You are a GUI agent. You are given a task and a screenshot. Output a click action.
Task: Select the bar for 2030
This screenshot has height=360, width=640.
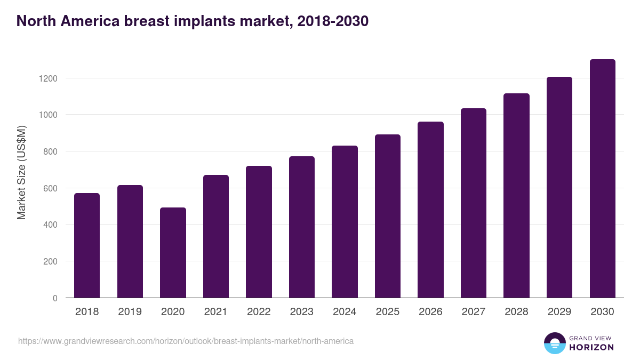tap(602, 178)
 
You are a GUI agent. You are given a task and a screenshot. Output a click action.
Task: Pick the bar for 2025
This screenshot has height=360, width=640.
tap(388, 216)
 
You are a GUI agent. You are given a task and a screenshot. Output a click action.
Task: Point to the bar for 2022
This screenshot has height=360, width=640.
tap(259, 231)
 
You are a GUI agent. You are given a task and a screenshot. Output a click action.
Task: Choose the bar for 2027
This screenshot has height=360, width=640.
tap(474, 203)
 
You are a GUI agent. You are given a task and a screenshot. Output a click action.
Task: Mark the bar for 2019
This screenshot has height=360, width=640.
tap(130, 241)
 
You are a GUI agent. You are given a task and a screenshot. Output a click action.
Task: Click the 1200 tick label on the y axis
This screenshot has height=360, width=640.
tap(47, 78)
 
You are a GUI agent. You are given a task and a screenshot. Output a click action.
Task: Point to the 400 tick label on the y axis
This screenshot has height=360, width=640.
tap(50, 225)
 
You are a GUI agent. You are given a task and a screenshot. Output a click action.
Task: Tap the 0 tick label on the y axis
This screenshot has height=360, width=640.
tap(55, 298)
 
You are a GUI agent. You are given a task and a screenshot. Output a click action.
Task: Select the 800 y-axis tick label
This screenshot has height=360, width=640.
tap(50, 151)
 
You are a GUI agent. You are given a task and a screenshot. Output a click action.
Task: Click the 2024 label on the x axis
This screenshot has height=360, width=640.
tap(345, 312)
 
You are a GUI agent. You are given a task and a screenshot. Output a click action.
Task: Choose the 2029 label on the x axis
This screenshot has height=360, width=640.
tap(559, 312)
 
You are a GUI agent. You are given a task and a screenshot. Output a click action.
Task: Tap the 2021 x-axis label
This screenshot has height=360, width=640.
tap(216, 312)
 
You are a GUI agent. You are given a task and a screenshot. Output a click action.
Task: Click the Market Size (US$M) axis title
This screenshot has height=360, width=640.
tap(21, 172)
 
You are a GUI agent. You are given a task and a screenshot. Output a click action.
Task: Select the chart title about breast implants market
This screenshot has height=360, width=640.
tap(193, 21)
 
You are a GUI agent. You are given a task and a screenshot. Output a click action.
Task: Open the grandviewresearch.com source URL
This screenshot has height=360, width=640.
tap(186, 341)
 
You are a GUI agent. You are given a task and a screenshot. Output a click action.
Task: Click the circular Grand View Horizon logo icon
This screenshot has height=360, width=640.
tap(555, 343)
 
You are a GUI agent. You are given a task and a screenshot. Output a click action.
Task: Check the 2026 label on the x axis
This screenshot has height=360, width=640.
tap(430, 312)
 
